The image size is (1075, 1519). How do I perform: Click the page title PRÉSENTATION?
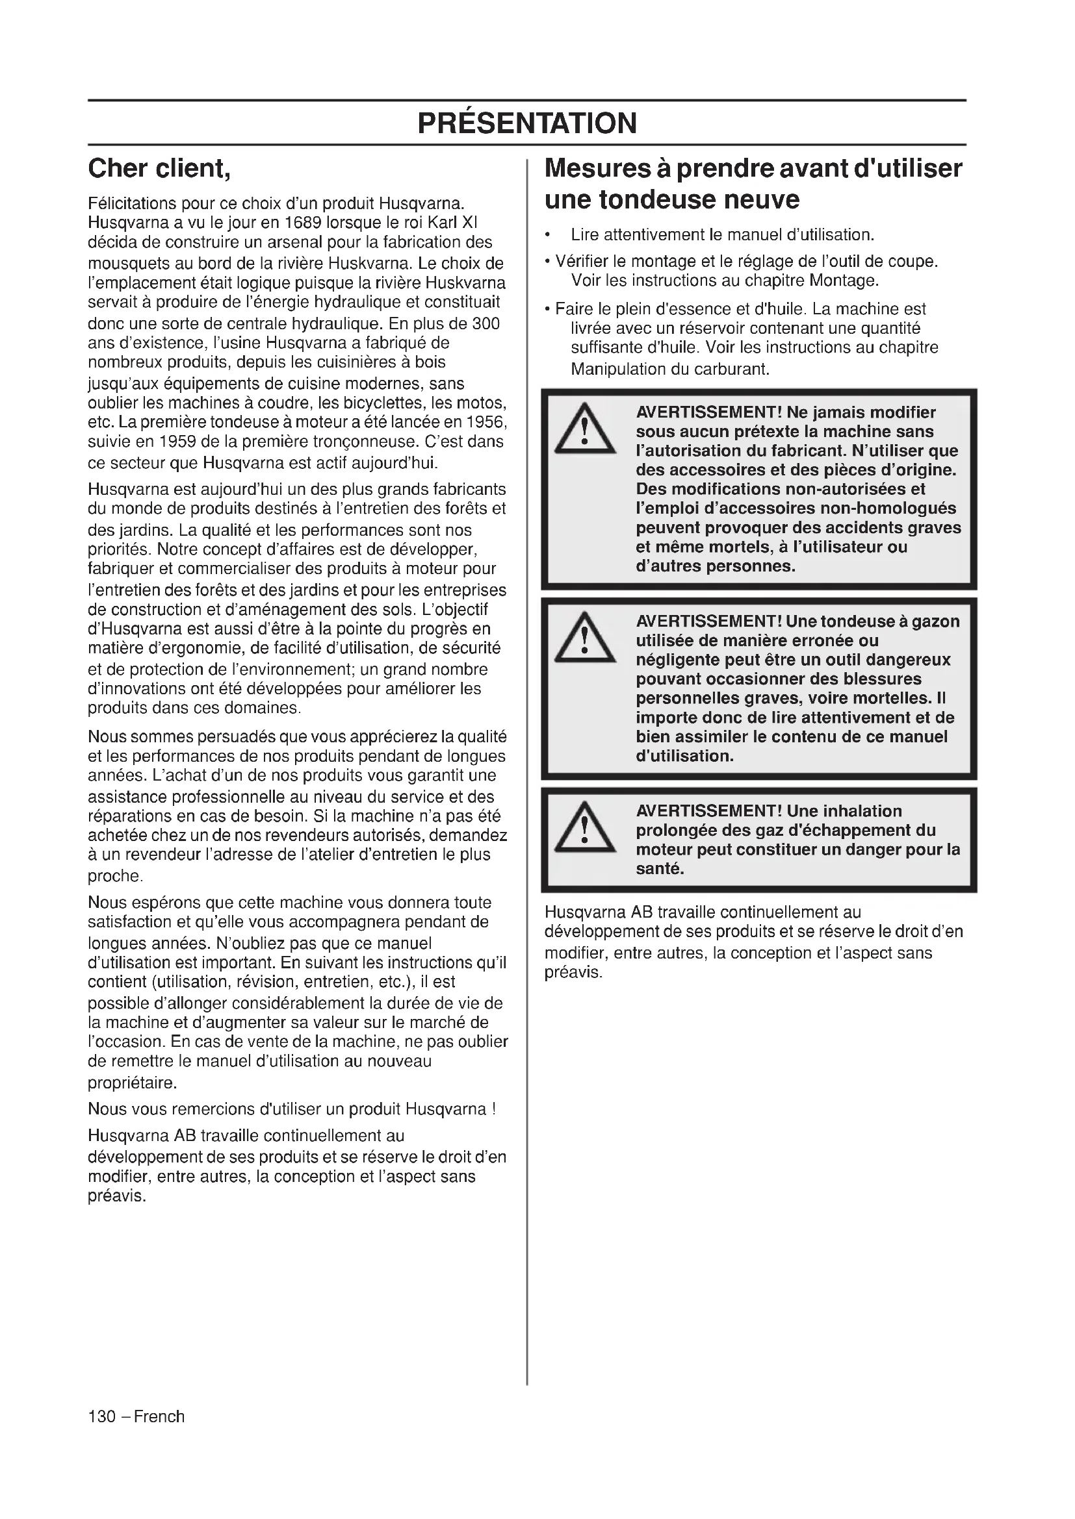click(527, 123)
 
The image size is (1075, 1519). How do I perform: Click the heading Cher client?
click(159, 169)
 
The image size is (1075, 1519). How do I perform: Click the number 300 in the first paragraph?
click(486, 324)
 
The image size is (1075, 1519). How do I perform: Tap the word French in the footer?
click(159, 1416)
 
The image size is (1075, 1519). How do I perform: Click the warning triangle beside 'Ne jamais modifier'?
click(584, 431)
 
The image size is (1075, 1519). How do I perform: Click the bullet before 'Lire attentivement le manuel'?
click(547, 236)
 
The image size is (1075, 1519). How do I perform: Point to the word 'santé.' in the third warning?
click(659, 870)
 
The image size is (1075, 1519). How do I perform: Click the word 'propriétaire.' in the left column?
click(133, 1084)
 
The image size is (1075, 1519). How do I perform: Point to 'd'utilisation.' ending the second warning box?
click(684, 756)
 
